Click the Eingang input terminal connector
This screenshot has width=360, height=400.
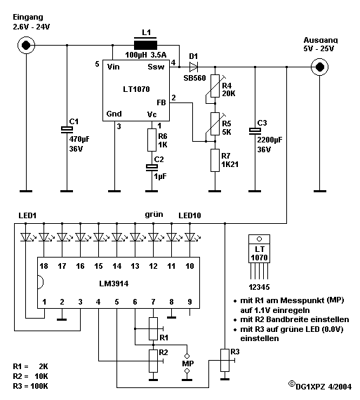tap(26, 45)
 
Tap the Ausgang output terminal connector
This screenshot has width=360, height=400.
tap(320, 67)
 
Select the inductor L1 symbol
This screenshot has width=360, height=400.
tap(145, 45)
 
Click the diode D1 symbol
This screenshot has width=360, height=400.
tap(194, 67)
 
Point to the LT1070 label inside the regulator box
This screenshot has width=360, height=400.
tap(136, 89)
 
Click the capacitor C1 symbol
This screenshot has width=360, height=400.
tap(67, 130)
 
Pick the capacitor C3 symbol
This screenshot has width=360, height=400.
tap(255, 131)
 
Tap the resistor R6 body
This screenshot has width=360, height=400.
tap(152, 140)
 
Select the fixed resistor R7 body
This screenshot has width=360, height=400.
tap(215, 161)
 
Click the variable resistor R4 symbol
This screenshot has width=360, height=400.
tap(215, 86)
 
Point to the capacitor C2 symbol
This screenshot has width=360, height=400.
tap(152, 167)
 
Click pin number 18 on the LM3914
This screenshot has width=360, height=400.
tap(44, 266)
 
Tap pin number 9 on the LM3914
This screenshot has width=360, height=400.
tap(189, 302)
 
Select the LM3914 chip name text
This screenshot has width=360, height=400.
tap(114, 284)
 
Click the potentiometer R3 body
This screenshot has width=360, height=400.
tap(225, 360)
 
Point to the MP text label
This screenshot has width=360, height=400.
tap(188, 364)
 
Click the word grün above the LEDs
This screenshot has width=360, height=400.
tap(154, 215)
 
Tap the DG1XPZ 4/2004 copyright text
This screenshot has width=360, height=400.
tap(320, 386)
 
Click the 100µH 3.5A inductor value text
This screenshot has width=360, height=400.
tap(146, 55)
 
